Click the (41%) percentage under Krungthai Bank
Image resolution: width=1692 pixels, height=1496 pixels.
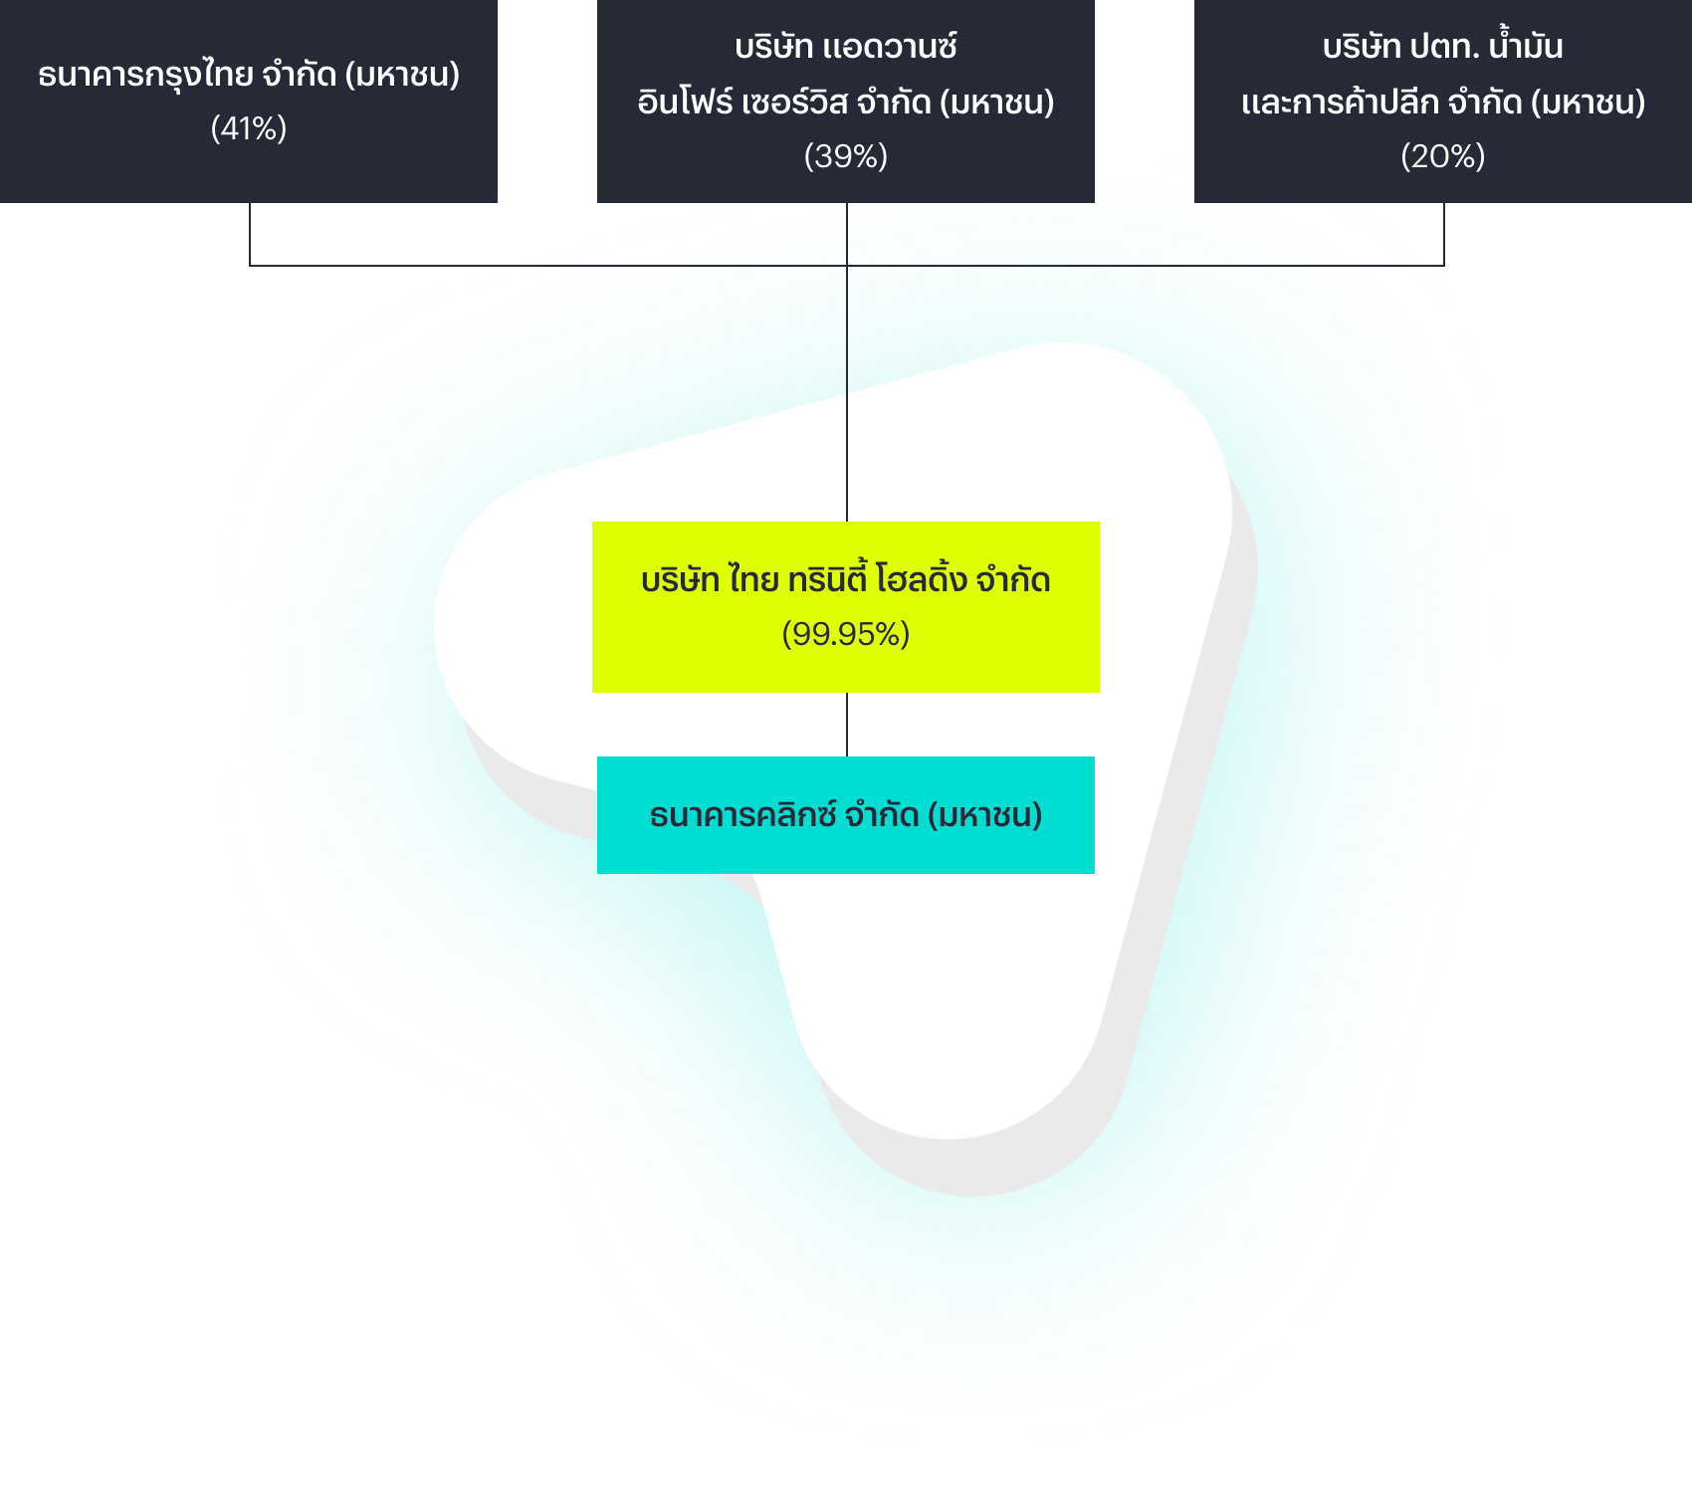click(249, 128)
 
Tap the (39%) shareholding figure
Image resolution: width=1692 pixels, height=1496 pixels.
click(846, 156)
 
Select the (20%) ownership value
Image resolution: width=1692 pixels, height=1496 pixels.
click(1443, 156)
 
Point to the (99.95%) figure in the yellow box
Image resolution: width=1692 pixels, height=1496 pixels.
click(846, 634)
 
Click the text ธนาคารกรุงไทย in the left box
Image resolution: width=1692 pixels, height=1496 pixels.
click(145, 76)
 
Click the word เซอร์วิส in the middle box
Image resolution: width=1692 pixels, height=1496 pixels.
click(795, 103)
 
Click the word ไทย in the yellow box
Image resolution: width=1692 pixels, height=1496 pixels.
click(753, 578)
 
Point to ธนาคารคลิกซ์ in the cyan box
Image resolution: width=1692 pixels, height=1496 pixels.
click(742, 815)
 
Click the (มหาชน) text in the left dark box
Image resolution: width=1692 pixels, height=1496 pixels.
click(402, 75)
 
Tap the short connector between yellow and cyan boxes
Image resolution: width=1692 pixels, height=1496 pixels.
click(847, 725)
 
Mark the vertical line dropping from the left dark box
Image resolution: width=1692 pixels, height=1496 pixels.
click(250, 234)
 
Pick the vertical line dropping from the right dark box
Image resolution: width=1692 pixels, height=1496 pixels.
click(1444, 234)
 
